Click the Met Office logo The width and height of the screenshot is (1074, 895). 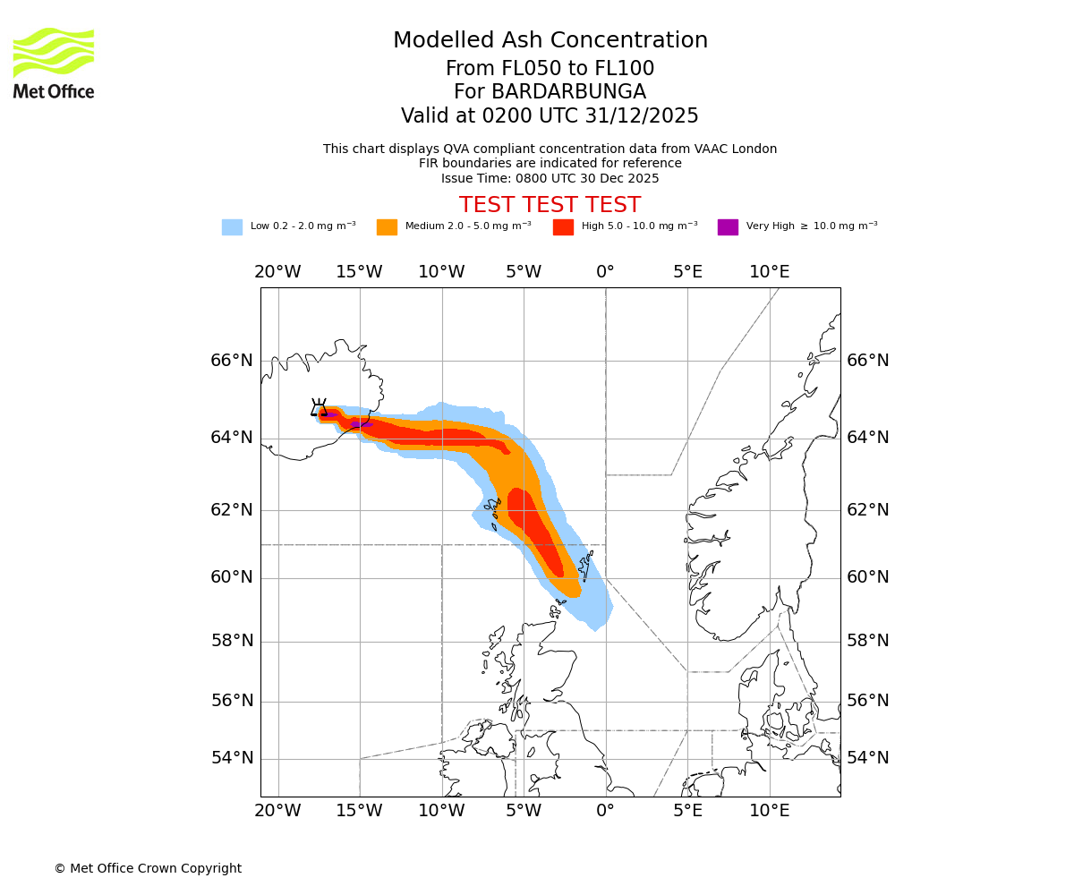54,63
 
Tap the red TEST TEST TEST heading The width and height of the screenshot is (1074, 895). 550,205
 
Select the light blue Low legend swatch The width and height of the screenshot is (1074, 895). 232,227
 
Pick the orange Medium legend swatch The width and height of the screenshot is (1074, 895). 387,227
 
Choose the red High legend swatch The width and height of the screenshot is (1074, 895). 563,227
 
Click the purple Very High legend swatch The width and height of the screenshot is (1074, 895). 728,227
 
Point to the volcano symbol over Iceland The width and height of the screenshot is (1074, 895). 319,407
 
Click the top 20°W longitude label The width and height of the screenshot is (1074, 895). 277,272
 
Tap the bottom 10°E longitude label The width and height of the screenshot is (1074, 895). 769,811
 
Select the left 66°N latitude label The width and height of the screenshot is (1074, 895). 232,361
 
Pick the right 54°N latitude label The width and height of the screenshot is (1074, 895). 868,758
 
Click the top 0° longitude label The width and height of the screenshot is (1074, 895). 605,272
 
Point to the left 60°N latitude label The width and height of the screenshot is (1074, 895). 232,577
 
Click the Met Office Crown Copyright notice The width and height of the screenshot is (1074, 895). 148,868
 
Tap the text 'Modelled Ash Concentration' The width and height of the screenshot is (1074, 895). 550,41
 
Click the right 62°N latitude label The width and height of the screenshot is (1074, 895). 868,510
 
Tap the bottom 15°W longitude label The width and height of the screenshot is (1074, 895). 359,811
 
